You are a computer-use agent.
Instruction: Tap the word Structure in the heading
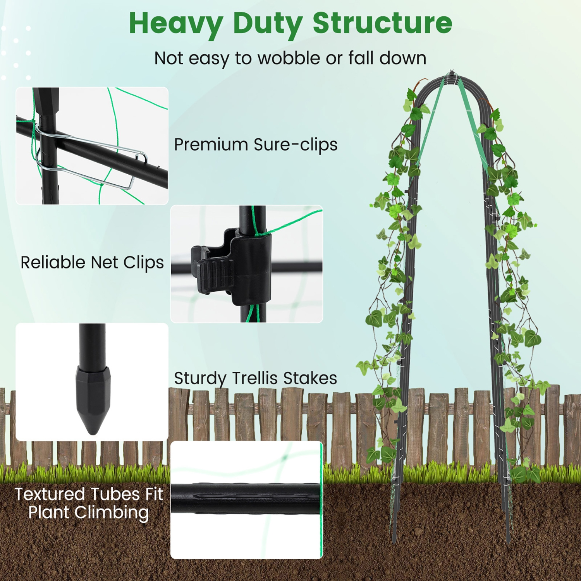click(x=382, y=23)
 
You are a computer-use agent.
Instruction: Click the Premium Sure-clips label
click(x=255, y=145)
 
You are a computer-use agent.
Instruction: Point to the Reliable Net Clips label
click(x=92, y=263)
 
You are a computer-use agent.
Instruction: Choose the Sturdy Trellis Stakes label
click(x=255, y=378)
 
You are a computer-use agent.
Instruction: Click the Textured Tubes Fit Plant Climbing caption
click(x=89, y=503)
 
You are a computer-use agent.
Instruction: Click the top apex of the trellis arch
click(x=451, y=74)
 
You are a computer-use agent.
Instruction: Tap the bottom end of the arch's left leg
click(x=394, y=540)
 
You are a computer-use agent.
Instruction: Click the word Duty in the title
click(x=267, y=24)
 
